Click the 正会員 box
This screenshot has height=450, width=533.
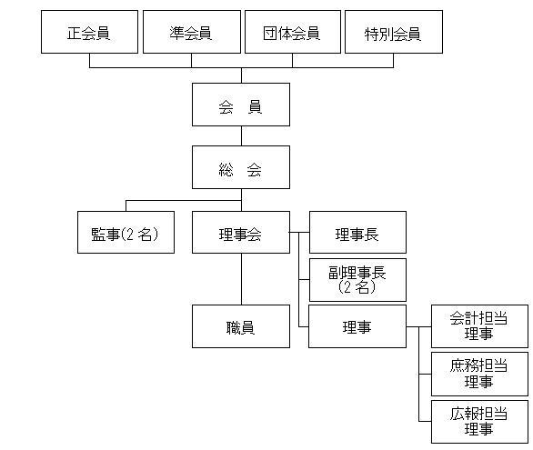(x=89, y=32)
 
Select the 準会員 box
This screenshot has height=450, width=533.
(x=192, y=32)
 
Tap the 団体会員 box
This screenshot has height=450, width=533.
(x=293, y=32)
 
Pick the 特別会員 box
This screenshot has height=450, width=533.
(x=394, y=32)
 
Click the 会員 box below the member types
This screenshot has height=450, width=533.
(x=241, y=105)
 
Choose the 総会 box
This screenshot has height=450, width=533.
(x=241, y=167)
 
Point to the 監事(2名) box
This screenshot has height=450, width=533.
(x=126, y=233)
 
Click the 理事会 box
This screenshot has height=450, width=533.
(x=241, y=233)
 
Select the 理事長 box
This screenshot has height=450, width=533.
(x=357, y=233)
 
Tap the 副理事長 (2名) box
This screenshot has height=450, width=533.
(x=357, y=280)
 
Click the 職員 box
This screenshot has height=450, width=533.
(x=241, y=326)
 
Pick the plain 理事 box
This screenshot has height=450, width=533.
(x=357, y=326)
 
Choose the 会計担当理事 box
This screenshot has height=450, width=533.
(x=479, y=326)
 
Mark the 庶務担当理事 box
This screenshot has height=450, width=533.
(x=479, y=374)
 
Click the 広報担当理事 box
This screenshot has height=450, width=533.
(x=479, y=422)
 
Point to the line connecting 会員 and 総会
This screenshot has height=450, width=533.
(x=241, y=136)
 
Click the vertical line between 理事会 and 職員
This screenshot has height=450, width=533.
(x=241, y=279)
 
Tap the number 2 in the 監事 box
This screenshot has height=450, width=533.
(x=130, y=234)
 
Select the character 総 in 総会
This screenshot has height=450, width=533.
(x=226, y=169)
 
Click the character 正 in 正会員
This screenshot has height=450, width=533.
(x=74, y=34)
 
